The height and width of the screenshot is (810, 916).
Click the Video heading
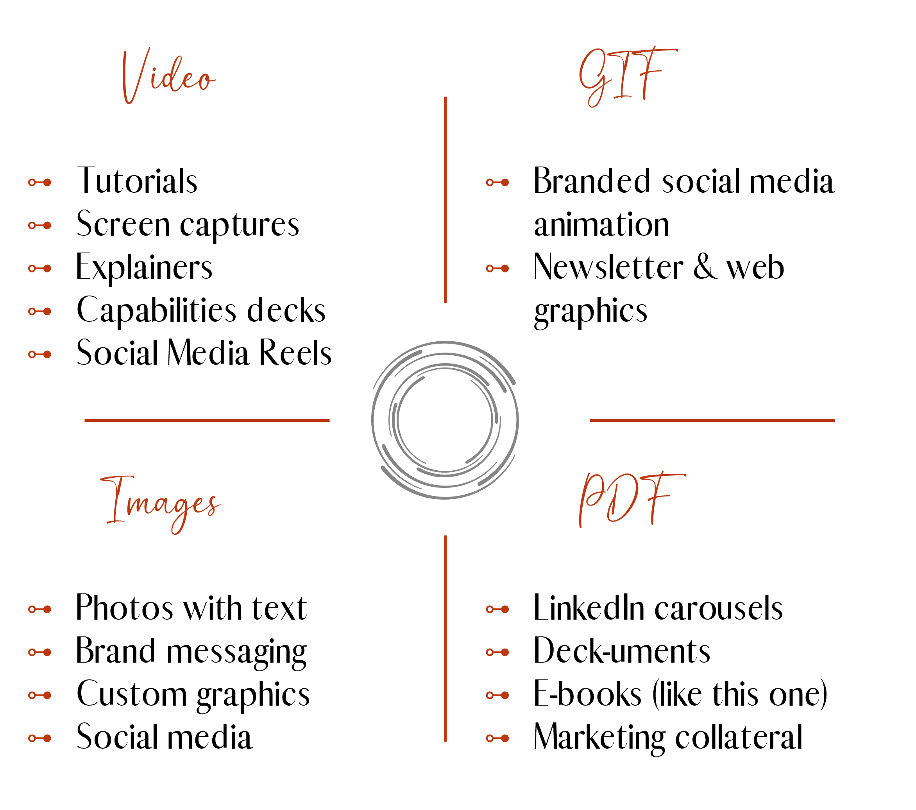[x=168, y=76]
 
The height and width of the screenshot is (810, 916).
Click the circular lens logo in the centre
[x=445, y=420]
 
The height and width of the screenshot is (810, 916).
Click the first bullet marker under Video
[x=40, y=183]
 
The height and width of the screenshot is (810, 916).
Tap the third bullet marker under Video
[x=40, y=269]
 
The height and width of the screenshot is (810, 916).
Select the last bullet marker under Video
[x=40, y=355]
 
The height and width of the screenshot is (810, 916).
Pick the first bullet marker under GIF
[x=497, y=183]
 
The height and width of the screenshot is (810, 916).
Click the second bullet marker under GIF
[x=497, y=269]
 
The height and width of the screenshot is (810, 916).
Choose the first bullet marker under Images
[x=40, y=609]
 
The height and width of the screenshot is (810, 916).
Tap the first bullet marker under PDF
[x=497, y=609]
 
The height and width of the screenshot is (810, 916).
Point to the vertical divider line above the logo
[x=445, y=200]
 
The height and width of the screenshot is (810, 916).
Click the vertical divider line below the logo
[x=445, y=638]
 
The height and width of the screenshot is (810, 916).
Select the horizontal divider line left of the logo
[x=207, y=421]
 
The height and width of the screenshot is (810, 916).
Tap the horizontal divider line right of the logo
[x=712, y=421]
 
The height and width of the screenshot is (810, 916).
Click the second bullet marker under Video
[x=40, y=226]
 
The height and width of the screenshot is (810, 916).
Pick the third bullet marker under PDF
[x=497, y=695]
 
